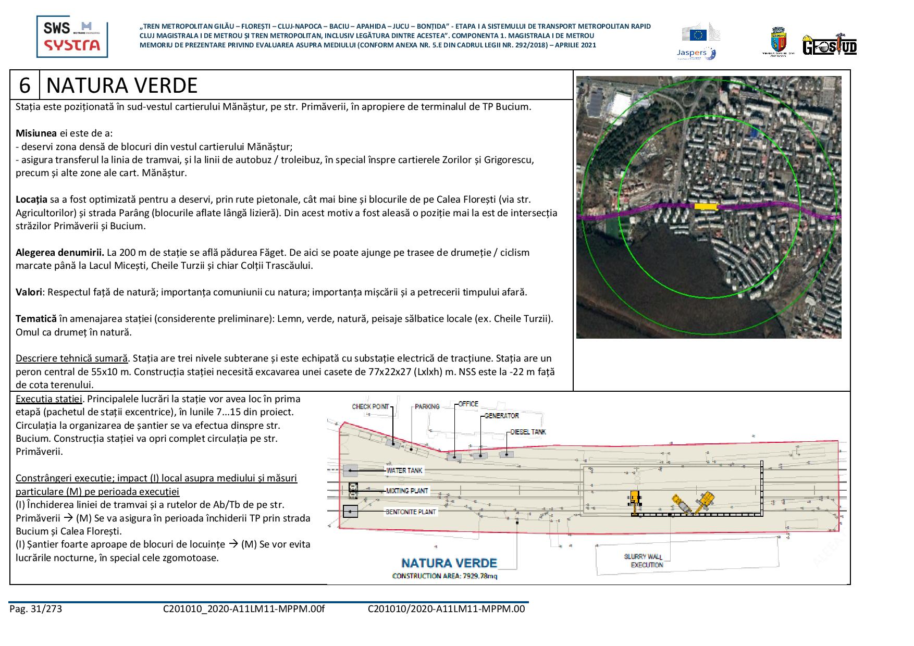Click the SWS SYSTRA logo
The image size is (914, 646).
point(72,36)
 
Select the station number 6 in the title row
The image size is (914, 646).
point(25,85)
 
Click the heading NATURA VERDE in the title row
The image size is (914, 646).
point(122,85)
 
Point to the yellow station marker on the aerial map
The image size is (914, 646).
point(706,206)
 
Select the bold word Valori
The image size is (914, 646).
point(29,292)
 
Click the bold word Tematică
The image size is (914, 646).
point(36,318)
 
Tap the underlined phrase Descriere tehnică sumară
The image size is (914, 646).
point(72,358)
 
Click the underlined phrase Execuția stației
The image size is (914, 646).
point(49,399)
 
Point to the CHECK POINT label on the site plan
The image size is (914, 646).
point(370,406)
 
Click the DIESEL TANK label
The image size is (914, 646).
point(528,432)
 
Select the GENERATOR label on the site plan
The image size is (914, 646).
point(501,416)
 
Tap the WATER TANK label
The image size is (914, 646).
point(404,470)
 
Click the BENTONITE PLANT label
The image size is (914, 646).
point(410,512)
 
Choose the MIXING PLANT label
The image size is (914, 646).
point(406,491)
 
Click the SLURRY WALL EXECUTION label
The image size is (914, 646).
point(643,561)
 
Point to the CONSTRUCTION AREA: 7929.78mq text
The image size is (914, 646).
point(444,576)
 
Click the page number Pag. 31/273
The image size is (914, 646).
point(35,608)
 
